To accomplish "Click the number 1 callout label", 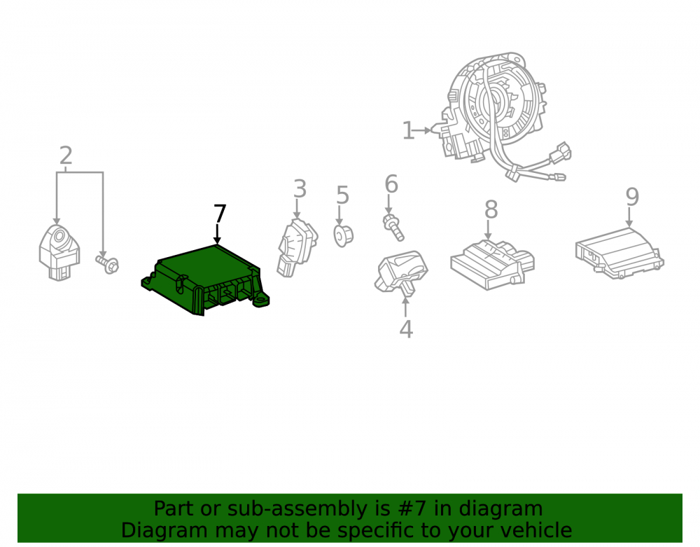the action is pyautogui.click(x=408, y=130).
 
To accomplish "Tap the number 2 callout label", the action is pyautogui.click(x=66, y=155).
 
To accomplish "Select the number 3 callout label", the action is pyautogui.click(x=300, y=189).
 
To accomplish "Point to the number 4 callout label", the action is pyautogui.click(x=406, y=329).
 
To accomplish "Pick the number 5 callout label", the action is pyautogui.click(x=342, y=195).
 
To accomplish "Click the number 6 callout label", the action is pyautogui.click(x=391, y=184).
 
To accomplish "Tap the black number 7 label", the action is pyautogui.click(x=220, y=214).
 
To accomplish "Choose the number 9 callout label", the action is pyautogui.click(x=632, y=197).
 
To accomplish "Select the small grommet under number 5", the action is pyautogui.click(x=343, y=236).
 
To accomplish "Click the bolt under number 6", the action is pyautogui.click(x=393, y=228).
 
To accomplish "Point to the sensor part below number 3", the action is pyautogui.click(x=297, y=247).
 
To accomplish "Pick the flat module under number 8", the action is pyautogui.click(x=492, y=264).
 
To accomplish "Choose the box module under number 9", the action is pyautogui.click(x=619, y=253).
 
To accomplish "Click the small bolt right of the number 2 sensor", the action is pyautogui.click(x=107, y=263).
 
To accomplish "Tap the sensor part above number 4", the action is pyautogui.click(x=401, y=272).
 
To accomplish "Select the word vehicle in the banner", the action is pyautogui.click(x=538, y=530).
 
